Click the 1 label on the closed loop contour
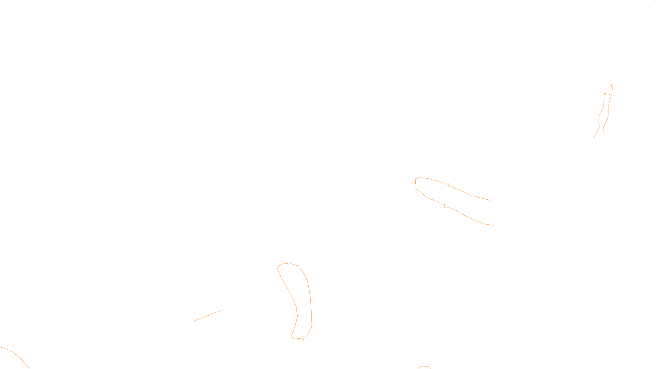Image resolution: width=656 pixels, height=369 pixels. point(303,338)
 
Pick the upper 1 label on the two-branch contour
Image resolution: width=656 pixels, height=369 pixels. point(449,185)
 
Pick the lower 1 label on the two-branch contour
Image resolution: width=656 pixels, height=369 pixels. point(444,206)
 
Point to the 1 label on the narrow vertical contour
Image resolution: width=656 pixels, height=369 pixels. point(599,116)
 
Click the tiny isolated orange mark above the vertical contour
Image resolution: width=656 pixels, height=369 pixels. point(612,87)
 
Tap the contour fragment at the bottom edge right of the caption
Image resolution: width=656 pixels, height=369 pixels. point(425,367)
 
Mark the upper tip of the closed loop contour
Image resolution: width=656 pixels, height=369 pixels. point(289,263)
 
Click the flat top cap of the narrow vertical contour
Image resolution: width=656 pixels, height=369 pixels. point(608,94)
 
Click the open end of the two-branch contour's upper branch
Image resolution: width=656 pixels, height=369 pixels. point(490,200)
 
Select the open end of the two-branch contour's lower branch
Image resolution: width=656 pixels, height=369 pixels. point(493,225)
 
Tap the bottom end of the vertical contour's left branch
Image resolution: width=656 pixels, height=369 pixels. point(594,137)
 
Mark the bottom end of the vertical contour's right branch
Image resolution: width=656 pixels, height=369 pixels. point(604,136)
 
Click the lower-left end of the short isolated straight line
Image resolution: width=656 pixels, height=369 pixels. point(194,321)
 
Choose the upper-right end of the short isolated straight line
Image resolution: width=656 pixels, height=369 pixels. point(222,311)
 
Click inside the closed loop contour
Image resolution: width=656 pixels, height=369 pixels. point(301,299)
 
